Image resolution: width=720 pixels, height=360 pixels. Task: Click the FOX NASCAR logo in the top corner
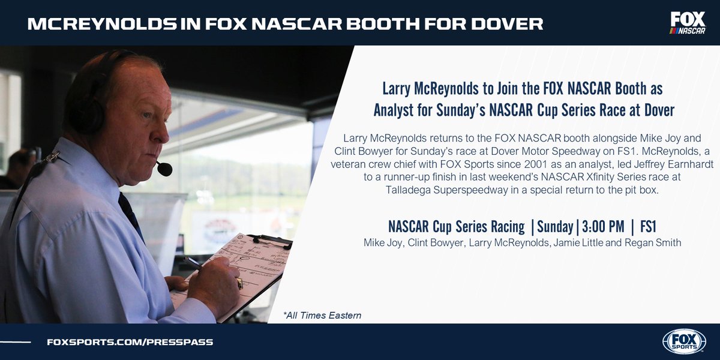click(x=688, y=23)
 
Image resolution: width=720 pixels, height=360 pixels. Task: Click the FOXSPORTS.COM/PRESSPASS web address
click(x=130, y=342)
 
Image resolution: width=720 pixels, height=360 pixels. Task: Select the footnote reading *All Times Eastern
click(x=322, y=315)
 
